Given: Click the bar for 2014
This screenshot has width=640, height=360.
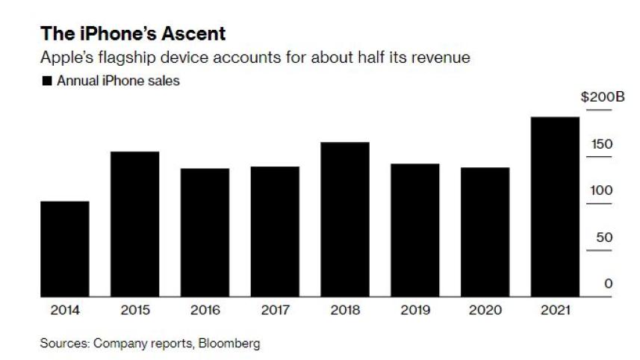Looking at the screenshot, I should coord(65,249).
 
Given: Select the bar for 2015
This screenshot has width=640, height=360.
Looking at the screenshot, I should coord(135,224).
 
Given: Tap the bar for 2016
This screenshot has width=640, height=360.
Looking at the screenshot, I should coord(205,232).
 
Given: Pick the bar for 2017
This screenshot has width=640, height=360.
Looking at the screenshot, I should coord(275,232).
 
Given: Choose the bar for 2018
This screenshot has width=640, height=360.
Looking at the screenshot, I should coord(345,220).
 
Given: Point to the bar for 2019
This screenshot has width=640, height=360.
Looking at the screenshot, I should coord(415,230).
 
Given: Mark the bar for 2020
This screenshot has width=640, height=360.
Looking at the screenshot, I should coord(485,232).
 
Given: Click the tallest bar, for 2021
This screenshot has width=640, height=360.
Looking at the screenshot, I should coord(555,207).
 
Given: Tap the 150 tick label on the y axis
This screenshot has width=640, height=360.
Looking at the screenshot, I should coord(603,143).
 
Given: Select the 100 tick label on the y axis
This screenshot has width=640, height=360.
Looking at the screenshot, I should coord(603,190).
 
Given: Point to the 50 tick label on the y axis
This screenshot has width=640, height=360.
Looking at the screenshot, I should coord(605,238).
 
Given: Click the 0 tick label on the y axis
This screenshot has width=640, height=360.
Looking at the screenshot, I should coord(609,284).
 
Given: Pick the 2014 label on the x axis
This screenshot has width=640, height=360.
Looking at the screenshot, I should coord(65,309).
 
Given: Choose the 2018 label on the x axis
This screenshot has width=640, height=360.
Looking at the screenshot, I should coord(345,309).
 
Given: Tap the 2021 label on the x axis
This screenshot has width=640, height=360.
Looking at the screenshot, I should coord(555,309).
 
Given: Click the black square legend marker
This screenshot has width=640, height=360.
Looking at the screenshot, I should coord(47,81).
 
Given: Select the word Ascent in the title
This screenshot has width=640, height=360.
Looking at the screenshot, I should coord(191,34).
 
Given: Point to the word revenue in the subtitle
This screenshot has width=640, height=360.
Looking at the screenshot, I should coord(444,58).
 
